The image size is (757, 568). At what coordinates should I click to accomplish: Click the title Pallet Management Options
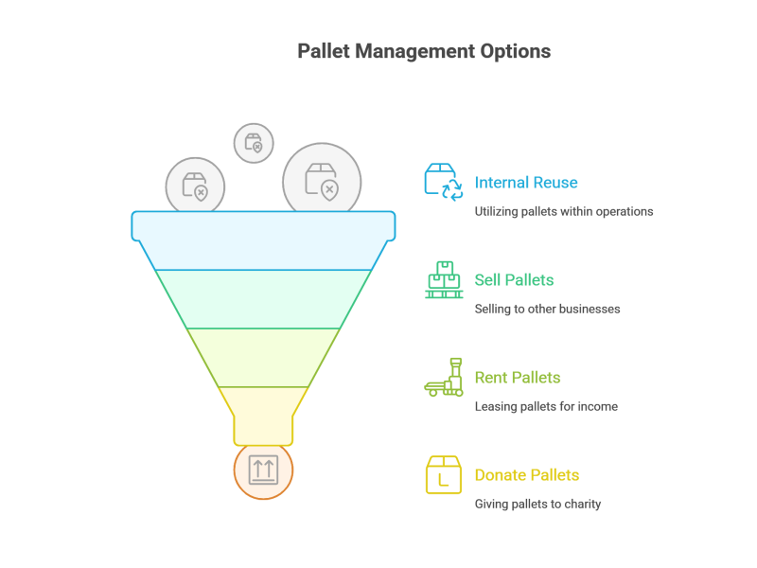pos(424,51)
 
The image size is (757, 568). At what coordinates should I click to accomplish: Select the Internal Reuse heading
pos(526,183)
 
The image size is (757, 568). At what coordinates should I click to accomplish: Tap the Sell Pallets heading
pos(514,280)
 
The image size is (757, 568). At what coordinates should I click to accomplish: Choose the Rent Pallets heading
pos(518,378)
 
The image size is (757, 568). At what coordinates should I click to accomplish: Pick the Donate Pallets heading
pos(527,475)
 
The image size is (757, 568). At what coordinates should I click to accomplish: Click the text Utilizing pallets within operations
pos(564,211)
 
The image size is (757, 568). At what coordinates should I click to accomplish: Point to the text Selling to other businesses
pos(548,310)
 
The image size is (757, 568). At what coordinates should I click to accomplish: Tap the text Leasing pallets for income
pos(546,407)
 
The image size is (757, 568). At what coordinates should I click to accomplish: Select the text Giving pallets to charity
pos(537,505)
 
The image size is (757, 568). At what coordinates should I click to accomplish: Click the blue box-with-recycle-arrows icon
pos(444,182)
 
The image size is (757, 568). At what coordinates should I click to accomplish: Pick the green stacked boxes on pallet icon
pos(444,279)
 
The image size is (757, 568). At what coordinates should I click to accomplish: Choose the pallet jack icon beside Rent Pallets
pos(444,377)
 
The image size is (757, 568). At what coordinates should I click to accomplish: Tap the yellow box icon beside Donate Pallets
pos(444,475)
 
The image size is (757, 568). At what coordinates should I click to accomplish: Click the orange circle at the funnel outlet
pos(263,470)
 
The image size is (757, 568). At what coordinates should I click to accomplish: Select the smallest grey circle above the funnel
pos(254,143)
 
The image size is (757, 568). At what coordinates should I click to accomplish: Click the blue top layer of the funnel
pos(264,240)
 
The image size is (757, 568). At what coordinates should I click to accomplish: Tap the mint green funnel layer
pos(264,299)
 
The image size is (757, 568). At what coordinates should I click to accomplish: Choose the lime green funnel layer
pos(264,358)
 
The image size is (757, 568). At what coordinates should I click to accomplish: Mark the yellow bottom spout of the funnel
pos(264,416)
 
